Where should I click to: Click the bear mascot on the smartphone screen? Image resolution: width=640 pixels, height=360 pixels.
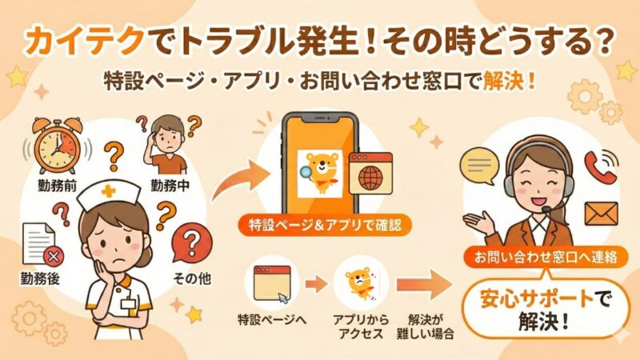click(318, 170)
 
